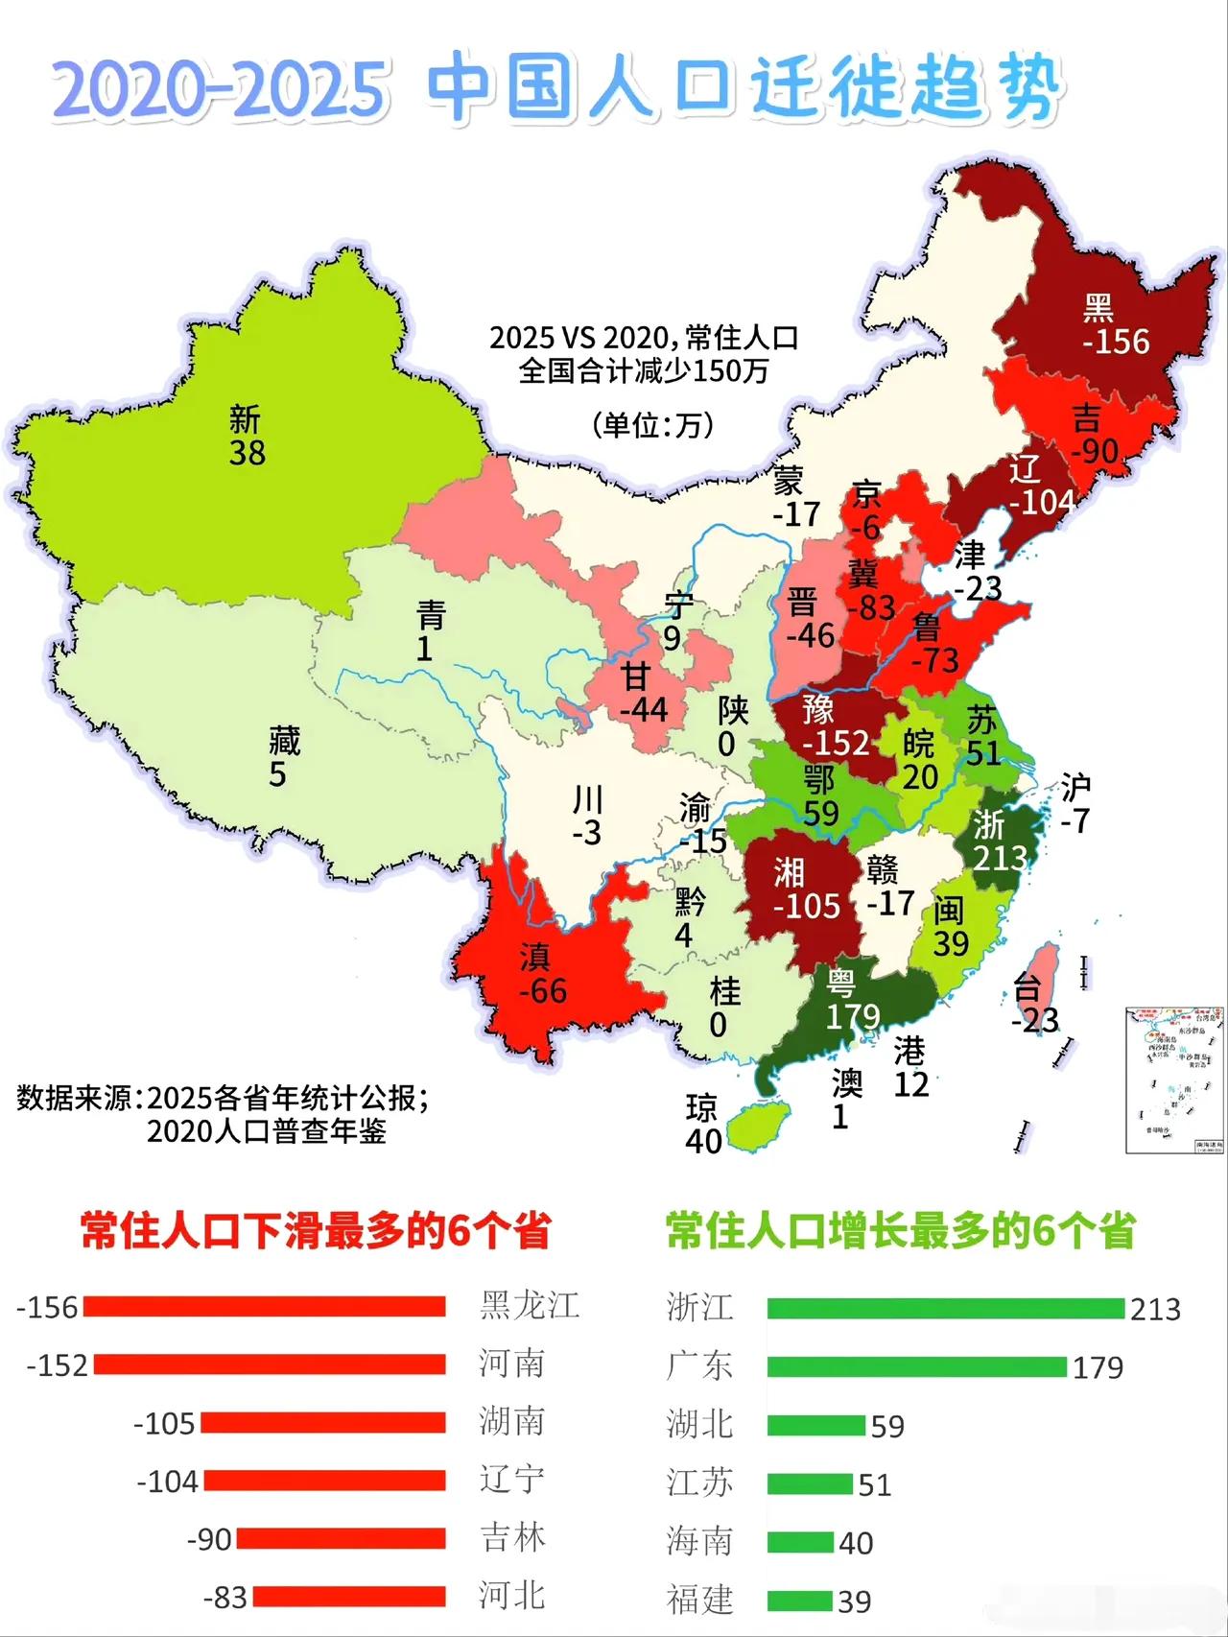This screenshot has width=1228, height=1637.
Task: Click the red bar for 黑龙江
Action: (x=264, y=1307)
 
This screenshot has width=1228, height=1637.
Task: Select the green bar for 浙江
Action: (x=945, y=1309)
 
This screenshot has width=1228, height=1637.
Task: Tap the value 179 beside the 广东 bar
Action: (x=1098, y=1367)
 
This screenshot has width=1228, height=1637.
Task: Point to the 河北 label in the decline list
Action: (x=512, y=1596)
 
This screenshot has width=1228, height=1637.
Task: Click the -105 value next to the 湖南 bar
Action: (x=164, y=1423)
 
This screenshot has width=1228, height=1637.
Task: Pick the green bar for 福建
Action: (x=799, y=1601)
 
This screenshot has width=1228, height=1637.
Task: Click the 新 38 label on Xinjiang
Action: (x=246, y=436)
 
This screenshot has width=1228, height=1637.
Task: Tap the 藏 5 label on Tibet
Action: (x=283, y=756)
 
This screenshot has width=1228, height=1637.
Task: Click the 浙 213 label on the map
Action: (x=998, y=841)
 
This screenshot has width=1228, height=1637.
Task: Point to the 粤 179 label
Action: (x=851, y=1000)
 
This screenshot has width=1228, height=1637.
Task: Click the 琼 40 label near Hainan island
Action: (x=702, y=1125)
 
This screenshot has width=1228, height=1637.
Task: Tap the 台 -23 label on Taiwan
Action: (x=1033, y=1004)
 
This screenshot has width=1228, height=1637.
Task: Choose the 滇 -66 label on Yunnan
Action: (x=541, y=973)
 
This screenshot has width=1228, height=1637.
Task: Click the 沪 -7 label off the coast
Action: (x=1075, y=804)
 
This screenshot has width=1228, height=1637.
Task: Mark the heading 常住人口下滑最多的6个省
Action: (x=316, y=1231)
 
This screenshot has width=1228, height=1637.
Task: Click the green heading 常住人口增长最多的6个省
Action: (x=900, y=1231)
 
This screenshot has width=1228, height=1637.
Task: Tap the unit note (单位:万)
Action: (x=653, y=424)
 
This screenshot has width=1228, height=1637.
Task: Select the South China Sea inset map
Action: (x=1174, y=1080)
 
